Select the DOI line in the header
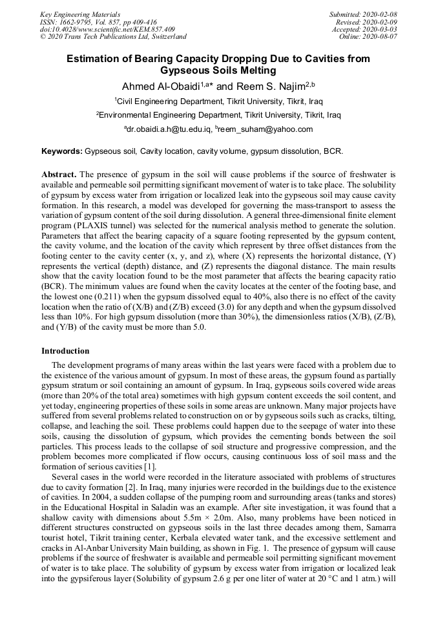(x=107, y=29)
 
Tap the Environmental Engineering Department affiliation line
(x=218, y=115)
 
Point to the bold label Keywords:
(x=62, y=151)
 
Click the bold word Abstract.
(x=59, y=175)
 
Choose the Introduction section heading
(x=65, y=351)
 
